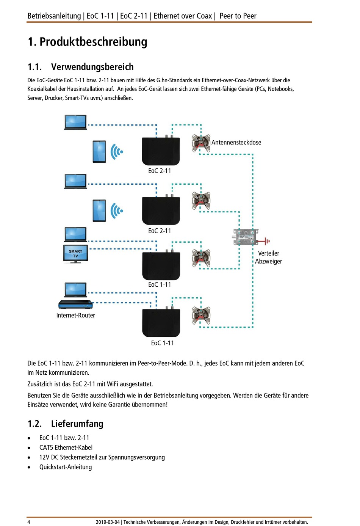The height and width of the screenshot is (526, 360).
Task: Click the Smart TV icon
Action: point(75,254)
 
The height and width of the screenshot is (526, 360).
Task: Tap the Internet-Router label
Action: point(75,316)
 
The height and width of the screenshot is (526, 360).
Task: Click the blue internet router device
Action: point(75,305)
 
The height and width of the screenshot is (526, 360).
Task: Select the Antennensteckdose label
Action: point(236,143)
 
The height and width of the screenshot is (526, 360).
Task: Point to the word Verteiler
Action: point(269,253)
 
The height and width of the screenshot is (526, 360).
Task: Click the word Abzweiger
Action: point(269,261)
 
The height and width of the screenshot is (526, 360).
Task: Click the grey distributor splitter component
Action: point(246,237)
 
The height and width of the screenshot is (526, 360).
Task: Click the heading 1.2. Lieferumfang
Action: point(66,424)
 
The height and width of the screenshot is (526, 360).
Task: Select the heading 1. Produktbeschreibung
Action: point(88,42)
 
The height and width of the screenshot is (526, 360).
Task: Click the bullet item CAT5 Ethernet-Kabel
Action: point(66,447)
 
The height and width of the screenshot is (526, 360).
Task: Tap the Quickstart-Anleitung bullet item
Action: point(66,467)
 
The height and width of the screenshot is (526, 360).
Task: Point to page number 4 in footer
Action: point(29,522)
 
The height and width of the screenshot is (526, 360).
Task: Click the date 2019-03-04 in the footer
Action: point(108,522)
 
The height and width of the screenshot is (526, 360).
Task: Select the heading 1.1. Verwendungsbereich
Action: point(80,67)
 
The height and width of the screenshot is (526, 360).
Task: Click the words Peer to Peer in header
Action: point(238,16)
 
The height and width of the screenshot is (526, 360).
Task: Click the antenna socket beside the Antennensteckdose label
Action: point(201,143)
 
